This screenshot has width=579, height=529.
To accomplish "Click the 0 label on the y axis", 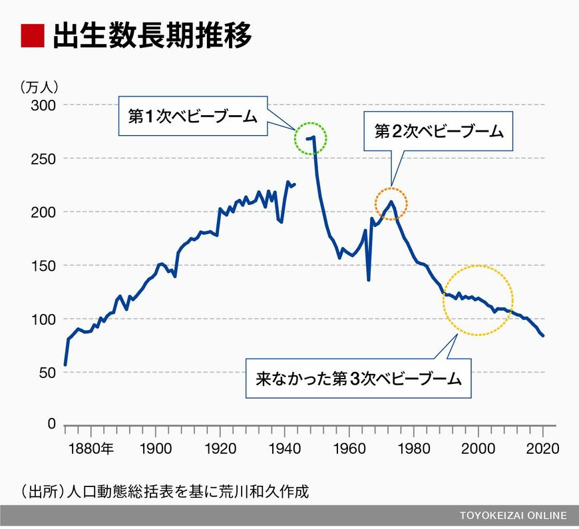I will tap(51, 425).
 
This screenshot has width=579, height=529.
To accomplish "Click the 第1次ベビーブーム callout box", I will tap(193, 116).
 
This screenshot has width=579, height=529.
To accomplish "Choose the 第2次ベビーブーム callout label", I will tap(439, 131).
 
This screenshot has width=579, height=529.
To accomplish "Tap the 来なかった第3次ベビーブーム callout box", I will tap(359, 379).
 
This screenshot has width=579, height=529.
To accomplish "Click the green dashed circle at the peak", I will tap(311, 138).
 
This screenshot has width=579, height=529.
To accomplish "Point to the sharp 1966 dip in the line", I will tap(369, 279).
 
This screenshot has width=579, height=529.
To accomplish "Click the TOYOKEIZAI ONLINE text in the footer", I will tap(513, 516).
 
